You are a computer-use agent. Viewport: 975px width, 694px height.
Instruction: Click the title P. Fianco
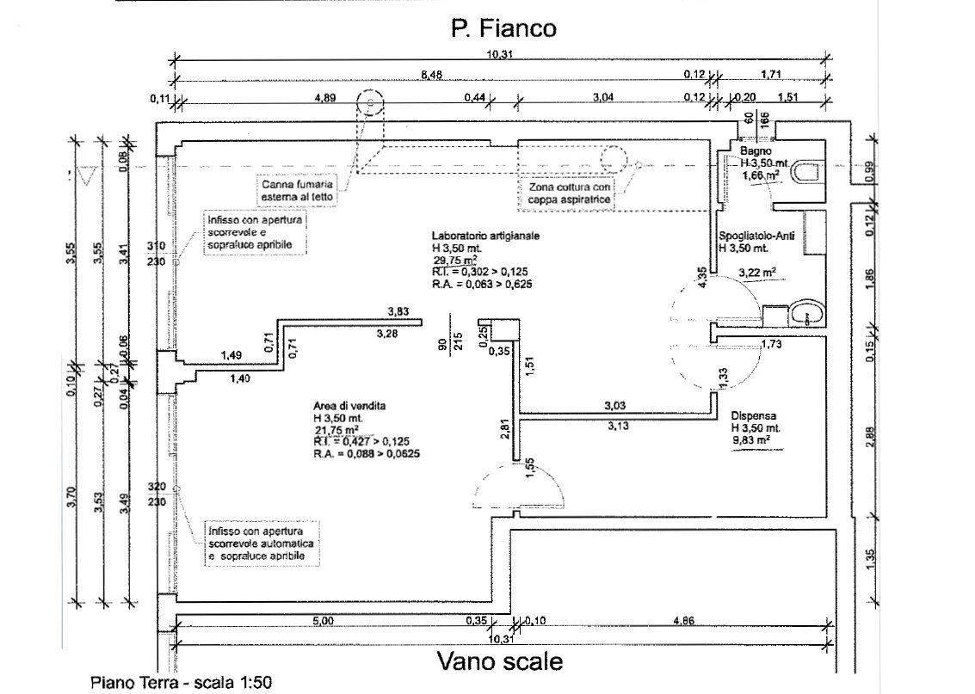click(x=503, y=28)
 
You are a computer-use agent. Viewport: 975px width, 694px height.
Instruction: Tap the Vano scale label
click(x=500, y=661)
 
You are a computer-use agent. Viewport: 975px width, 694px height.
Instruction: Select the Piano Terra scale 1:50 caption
click(x=182, y=683)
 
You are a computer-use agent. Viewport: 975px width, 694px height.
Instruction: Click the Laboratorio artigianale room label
click(x=485, y=235)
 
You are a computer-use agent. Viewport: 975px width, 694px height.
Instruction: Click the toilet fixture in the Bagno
click(x=807, y=171)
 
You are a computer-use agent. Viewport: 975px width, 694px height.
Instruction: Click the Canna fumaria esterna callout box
click(x=299, y=189)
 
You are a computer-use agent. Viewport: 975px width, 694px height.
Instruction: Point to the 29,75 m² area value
click(x=456, y=260)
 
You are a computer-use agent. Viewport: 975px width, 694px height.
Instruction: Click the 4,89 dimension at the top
click(x=324, y=97)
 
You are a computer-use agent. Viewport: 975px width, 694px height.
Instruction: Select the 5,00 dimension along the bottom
click(x=323, y=620)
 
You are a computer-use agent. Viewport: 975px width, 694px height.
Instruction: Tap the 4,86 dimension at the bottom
click(x=683, y=620)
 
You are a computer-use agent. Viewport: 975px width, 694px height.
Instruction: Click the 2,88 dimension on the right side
click(x=870, y=435)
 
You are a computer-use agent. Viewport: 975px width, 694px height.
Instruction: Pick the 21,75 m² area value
click(x=338, y=429)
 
